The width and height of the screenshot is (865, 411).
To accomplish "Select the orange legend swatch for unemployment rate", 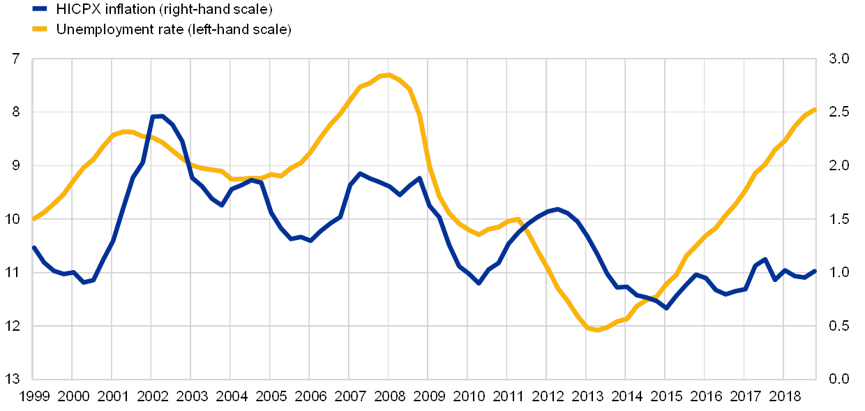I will tap(40, 29).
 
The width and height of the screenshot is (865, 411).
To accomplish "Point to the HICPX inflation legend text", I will tap(167, 10).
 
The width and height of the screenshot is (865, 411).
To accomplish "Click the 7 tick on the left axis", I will tap(16, 59).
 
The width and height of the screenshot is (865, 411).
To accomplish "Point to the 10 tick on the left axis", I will tap(16, 219).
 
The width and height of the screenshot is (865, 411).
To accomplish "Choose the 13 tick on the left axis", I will tap(16, 379).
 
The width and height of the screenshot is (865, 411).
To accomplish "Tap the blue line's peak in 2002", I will tap(158, 116).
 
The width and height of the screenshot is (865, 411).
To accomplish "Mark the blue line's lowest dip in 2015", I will tap(666, 308).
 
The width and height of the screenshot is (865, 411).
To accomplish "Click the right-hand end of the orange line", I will tap(815, 110).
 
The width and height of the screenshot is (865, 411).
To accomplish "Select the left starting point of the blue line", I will tap(34, 247).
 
